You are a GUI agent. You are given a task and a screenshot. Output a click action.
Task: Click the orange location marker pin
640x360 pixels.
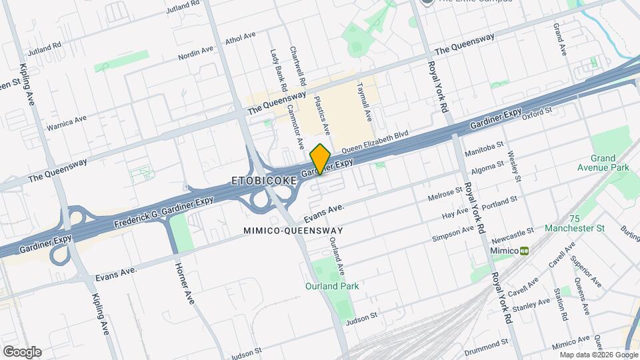(x=321, y=159)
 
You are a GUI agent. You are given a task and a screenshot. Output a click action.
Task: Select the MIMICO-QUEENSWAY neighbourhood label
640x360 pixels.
(x=293, y=231)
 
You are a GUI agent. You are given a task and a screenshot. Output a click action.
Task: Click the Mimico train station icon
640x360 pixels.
(x=525, y=250)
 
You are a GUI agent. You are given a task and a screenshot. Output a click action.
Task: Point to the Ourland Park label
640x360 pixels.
(x=332, y=286)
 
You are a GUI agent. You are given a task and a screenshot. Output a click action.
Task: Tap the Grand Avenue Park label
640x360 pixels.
(x=603, y=163)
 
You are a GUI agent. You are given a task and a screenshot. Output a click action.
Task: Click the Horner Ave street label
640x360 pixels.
(x=184, y=283)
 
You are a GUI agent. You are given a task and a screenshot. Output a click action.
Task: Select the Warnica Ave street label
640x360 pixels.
(x=67, y=123)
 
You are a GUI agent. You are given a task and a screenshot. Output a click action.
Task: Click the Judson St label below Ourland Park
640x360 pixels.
(x=365, y=315)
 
